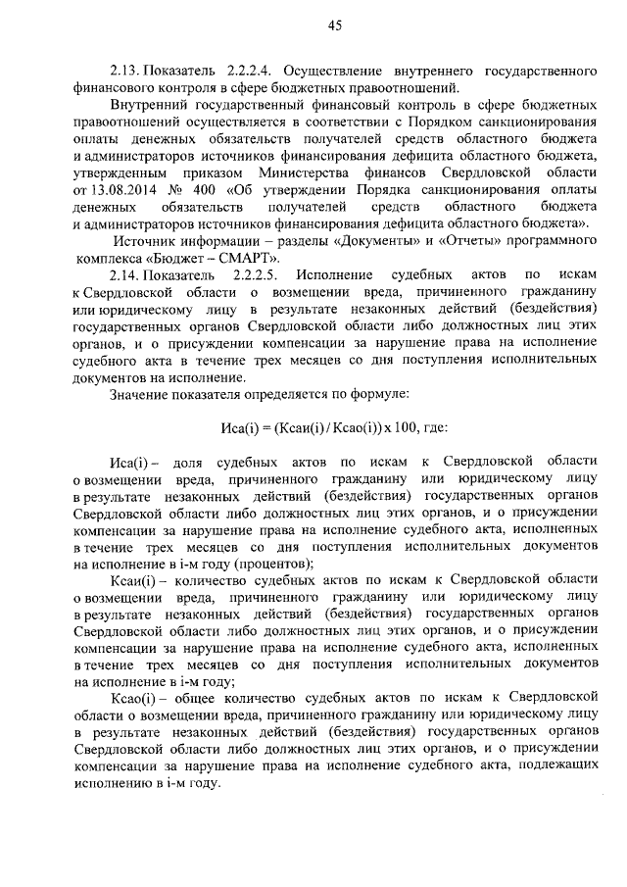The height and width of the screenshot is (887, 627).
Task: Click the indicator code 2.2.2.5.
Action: tap(256, 276)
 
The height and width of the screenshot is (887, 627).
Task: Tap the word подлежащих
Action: tap(552, 767)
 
